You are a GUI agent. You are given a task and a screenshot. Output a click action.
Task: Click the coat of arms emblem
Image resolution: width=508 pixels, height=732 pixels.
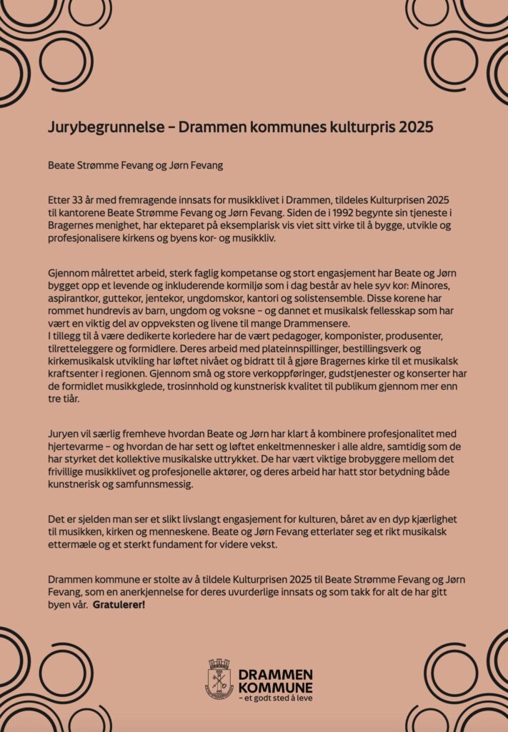coord(219,678)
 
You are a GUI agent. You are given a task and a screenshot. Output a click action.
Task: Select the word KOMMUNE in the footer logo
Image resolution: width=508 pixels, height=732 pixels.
coord(275,687)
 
